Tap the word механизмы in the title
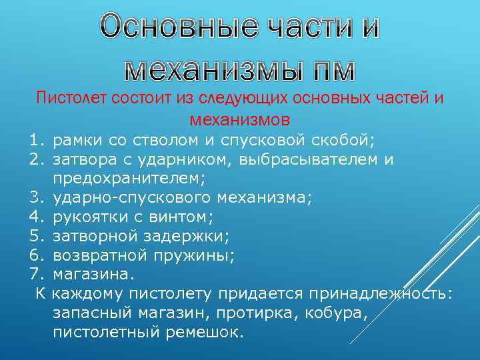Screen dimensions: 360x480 201,67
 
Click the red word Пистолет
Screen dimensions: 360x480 67,99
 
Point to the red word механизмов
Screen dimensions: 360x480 240,120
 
